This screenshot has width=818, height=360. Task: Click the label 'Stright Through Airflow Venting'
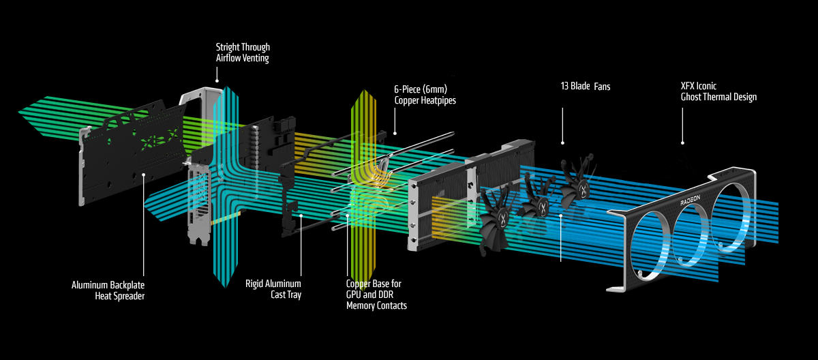[243, 52]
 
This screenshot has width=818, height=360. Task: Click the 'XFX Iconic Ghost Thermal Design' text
[718, 92]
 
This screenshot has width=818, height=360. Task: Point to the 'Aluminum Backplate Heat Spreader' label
[108, 289]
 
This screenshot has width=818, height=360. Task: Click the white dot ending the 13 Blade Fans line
[562, 142]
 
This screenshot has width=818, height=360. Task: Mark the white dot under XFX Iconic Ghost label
[682, 143]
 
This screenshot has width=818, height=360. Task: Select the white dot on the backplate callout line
[144, 175]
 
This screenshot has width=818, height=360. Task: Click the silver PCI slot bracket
[197, 205]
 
